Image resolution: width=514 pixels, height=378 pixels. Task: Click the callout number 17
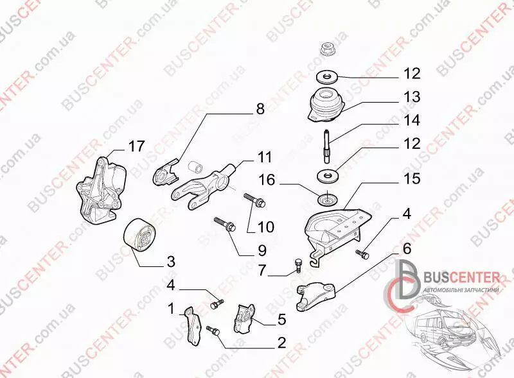(136, 146)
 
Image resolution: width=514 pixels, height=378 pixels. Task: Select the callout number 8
(260, 108)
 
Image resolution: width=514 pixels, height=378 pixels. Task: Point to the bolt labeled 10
(254, 200)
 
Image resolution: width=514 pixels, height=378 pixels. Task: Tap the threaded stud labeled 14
(328, 146)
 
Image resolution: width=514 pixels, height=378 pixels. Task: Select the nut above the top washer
(327, 49)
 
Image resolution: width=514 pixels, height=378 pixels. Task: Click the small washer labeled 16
(328, 199)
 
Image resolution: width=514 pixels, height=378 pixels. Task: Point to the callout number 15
(412, 179)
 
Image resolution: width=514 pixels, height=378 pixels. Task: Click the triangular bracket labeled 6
(316, 296)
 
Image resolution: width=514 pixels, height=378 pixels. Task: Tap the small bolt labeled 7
(297, 264)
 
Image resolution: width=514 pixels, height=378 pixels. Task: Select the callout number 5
(281, 320)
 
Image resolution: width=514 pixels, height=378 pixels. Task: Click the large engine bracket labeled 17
(102, 190)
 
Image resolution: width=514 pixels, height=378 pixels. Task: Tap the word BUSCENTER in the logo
(461, 278)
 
